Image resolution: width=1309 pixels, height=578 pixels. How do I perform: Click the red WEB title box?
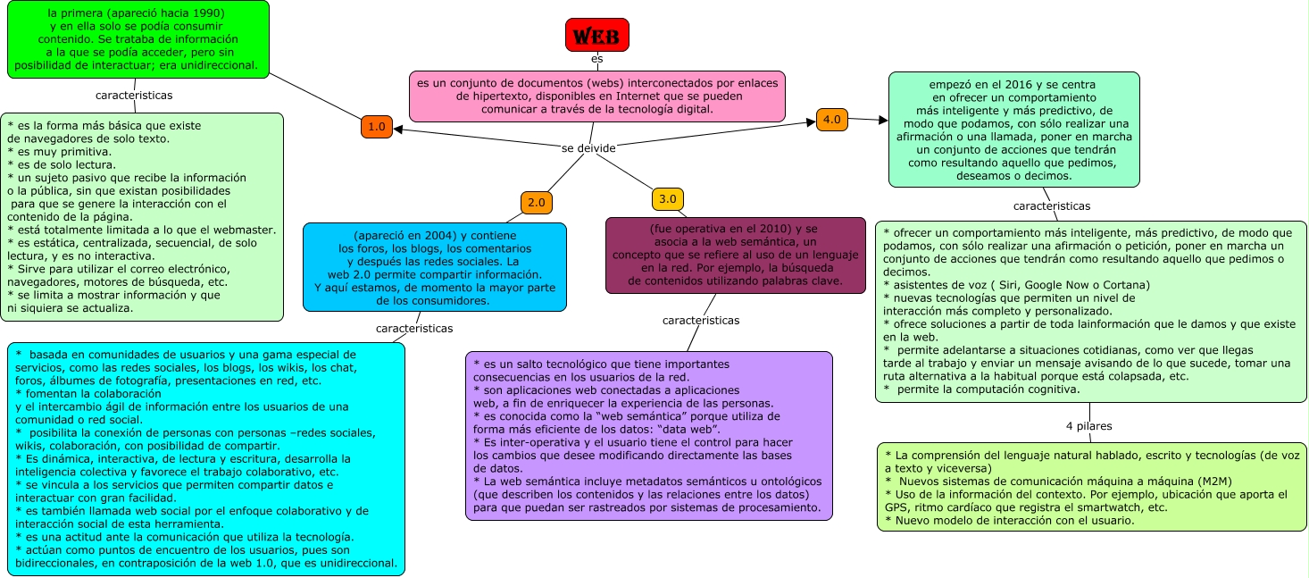pyautogui.click(x=596, y=35)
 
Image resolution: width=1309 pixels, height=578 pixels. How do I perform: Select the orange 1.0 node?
pyautogui.click(x=376, y=127)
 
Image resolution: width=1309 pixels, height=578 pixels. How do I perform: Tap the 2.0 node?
pyautogui.click(x=537, y=203)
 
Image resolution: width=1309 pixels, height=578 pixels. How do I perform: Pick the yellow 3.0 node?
pyautogui.click(x=667, y=198)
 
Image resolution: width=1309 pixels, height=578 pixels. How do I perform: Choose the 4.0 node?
pyautogui.click(x=831, y=120)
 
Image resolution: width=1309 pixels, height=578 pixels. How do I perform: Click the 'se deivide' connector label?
pyautogui.click(x=588, y=148)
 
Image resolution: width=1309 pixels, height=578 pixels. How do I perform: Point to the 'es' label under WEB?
pyautogui.click(x=596, y=59)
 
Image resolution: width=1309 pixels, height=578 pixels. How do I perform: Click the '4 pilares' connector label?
pyautogui.click(x=1088, y=426)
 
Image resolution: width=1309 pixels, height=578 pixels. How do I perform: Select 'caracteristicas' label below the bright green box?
pyautogui.click(x=134, y=96)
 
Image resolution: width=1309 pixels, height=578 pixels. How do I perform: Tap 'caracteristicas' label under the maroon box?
pyautogui.click(x=701, y=320)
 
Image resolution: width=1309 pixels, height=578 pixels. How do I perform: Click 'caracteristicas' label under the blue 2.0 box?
pyautogui.click(x=414, y=329)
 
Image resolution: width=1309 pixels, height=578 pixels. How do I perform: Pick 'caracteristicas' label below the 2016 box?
pyautogui.click(x=1052, y=206)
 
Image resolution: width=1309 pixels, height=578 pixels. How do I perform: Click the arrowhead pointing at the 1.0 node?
pyautogui.click(x=398, y=130)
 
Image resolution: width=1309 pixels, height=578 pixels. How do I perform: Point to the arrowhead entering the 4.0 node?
pyautogui.click(x=811, y=122)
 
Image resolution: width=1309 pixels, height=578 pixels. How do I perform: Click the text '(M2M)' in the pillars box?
pyautogui.click(x=1214, y=482)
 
